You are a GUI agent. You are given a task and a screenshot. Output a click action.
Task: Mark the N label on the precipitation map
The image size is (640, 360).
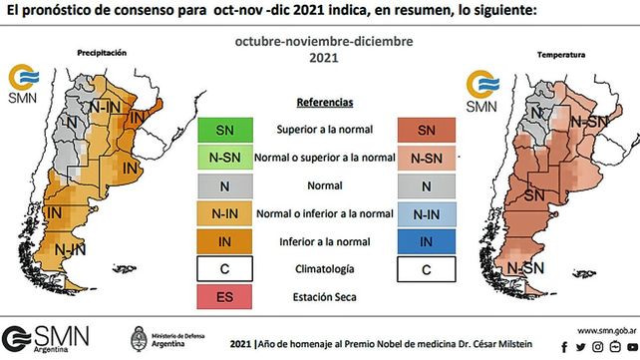[x=70, y=122]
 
